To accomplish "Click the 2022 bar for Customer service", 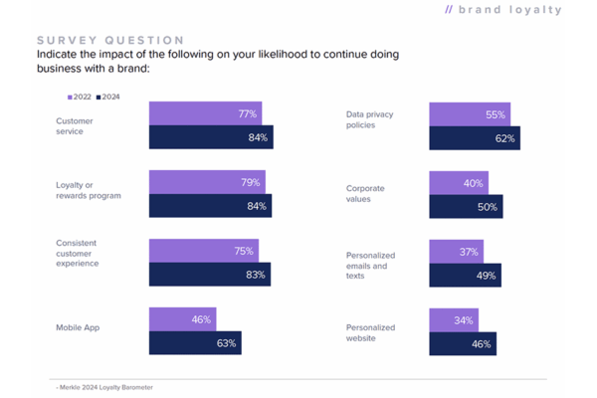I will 204,113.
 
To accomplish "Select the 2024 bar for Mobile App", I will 194,343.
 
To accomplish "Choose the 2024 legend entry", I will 107,97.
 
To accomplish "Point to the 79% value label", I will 250,182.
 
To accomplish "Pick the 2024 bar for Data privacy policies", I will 474,138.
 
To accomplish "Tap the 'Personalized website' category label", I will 370,332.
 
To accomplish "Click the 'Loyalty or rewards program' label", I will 89,189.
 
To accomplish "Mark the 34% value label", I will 464,320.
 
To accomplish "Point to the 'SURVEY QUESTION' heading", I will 97,39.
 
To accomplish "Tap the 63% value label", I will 226,343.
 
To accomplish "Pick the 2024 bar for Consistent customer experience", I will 209,275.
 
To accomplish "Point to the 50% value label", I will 488,206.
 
